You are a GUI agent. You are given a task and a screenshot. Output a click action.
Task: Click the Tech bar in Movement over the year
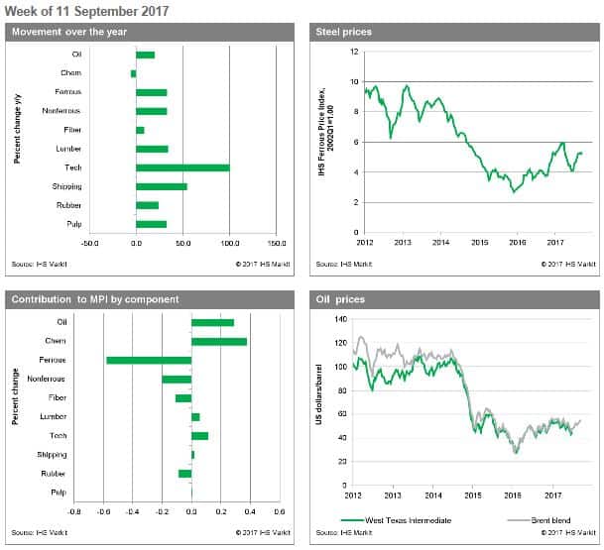point(182,167)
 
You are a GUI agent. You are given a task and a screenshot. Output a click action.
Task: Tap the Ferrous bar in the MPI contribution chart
point(149,360)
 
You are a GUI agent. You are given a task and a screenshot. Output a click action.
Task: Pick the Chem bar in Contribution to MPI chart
point(219,341)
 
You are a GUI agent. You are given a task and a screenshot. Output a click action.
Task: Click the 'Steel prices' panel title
point(343,33)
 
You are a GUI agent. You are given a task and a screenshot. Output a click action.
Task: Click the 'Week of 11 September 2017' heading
point(87,11)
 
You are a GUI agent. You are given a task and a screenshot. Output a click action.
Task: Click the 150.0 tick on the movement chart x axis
point(277,241)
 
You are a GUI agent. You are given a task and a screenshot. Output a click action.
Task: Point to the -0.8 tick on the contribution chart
point(75,512)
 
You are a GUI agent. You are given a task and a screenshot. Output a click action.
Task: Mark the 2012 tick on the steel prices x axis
point(365,241)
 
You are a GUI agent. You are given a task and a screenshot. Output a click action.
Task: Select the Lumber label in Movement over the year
point(69,149)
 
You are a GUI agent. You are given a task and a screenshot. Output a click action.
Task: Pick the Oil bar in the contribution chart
point(212,322)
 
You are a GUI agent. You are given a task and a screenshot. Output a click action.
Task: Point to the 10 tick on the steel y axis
point(354,81)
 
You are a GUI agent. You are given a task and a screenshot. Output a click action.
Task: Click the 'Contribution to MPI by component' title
point(95,299)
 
